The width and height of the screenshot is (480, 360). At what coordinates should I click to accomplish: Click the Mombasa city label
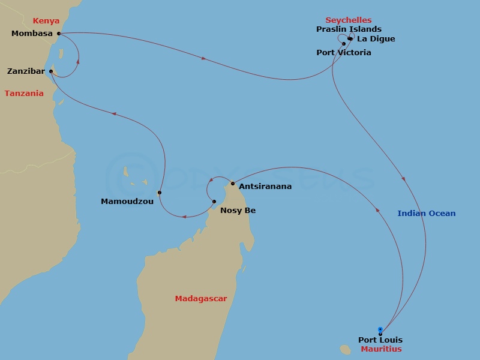[32, 34]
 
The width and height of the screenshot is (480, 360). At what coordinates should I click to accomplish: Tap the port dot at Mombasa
[59, 34]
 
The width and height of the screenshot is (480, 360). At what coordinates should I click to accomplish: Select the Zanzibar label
[26, 71]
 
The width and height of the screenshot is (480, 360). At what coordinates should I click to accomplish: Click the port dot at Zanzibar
[51, 71]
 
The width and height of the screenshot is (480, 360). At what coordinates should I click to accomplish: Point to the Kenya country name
[46, 20]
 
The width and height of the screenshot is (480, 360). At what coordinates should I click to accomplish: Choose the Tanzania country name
[24, 93]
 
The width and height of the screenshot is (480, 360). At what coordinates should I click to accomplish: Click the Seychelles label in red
[349, 20]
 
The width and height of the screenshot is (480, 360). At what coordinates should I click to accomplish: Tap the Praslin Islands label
[349, 29]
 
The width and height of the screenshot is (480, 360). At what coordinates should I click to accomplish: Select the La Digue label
[376, 39]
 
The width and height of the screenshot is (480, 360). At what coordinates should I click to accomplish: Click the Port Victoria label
[344, 53]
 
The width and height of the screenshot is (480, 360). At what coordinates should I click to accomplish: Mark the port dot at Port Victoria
[344, 43]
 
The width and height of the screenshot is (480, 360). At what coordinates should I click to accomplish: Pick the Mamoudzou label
[127, 202]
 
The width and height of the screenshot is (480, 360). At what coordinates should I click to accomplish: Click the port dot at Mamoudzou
[160, 193]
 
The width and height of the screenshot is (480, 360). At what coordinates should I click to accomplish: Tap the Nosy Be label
[238, 210]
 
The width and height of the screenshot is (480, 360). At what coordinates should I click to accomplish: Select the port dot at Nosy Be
[214, 202]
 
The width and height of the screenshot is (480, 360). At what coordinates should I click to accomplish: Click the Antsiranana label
[265, 187]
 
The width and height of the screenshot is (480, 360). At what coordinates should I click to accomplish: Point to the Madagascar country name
[201, 298]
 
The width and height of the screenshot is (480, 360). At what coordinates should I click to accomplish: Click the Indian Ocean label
[427, 213]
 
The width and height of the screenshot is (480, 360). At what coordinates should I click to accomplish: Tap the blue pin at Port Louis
[380, 329]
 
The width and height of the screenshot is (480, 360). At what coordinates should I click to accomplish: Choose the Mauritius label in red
[382, 349]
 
